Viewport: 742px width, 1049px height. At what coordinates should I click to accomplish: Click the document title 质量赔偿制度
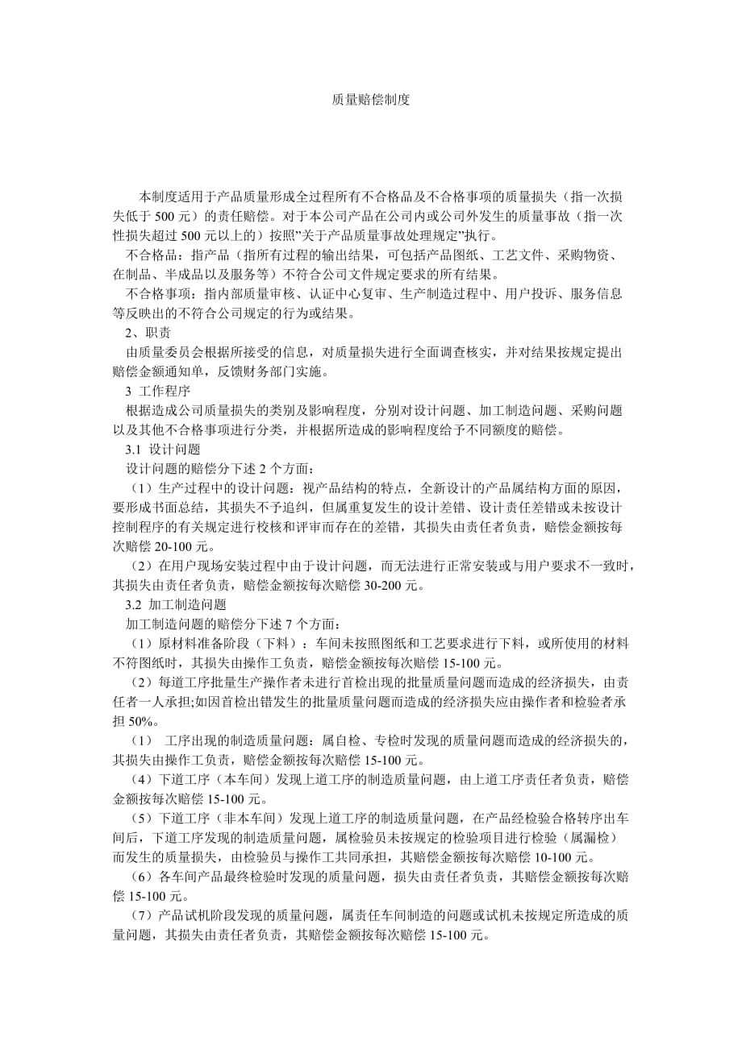tap(371, 100)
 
